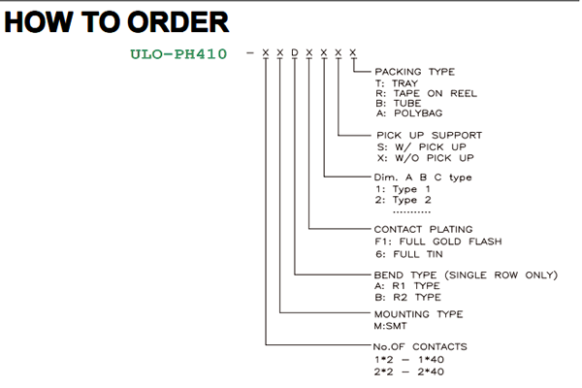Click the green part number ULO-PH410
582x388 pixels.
coord(178,54)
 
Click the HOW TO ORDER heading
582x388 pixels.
coord(116,22)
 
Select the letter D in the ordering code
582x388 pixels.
coord(295,52)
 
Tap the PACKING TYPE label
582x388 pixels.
coord(414,72)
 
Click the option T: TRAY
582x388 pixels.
coord(397,83)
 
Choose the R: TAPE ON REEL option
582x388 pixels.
coord(426,93)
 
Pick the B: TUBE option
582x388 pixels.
coord(399,103)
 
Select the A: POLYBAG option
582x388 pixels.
coord(409,113)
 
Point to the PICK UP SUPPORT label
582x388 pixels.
coord(429,135)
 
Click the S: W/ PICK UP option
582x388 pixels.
coord(421,147)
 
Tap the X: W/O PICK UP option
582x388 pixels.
coord(426,158)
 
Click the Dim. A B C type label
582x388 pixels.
coord(423,178)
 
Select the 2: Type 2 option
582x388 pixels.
coord(404,200)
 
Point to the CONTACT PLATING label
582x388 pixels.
coord(423,230)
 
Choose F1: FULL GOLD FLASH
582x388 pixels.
coord(438,242)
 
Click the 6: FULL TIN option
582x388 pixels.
coord(409,254)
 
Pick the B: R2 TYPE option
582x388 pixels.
coord(408,298)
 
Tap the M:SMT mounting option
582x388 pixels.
coord(391,326)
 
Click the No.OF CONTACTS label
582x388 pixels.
coord(420,347)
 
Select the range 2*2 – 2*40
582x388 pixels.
coord(409,372)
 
